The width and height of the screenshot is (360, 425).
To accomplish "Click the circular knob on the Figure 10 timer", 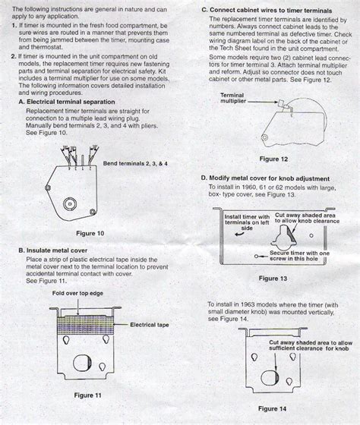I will click(x=71, y=202).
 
